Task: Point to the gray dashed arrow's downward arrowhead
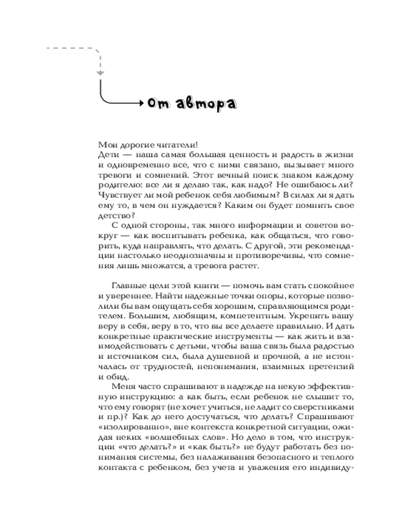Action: click(x=100, y=74)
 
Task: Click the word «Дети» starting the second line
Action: click(x=108, y=155)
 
